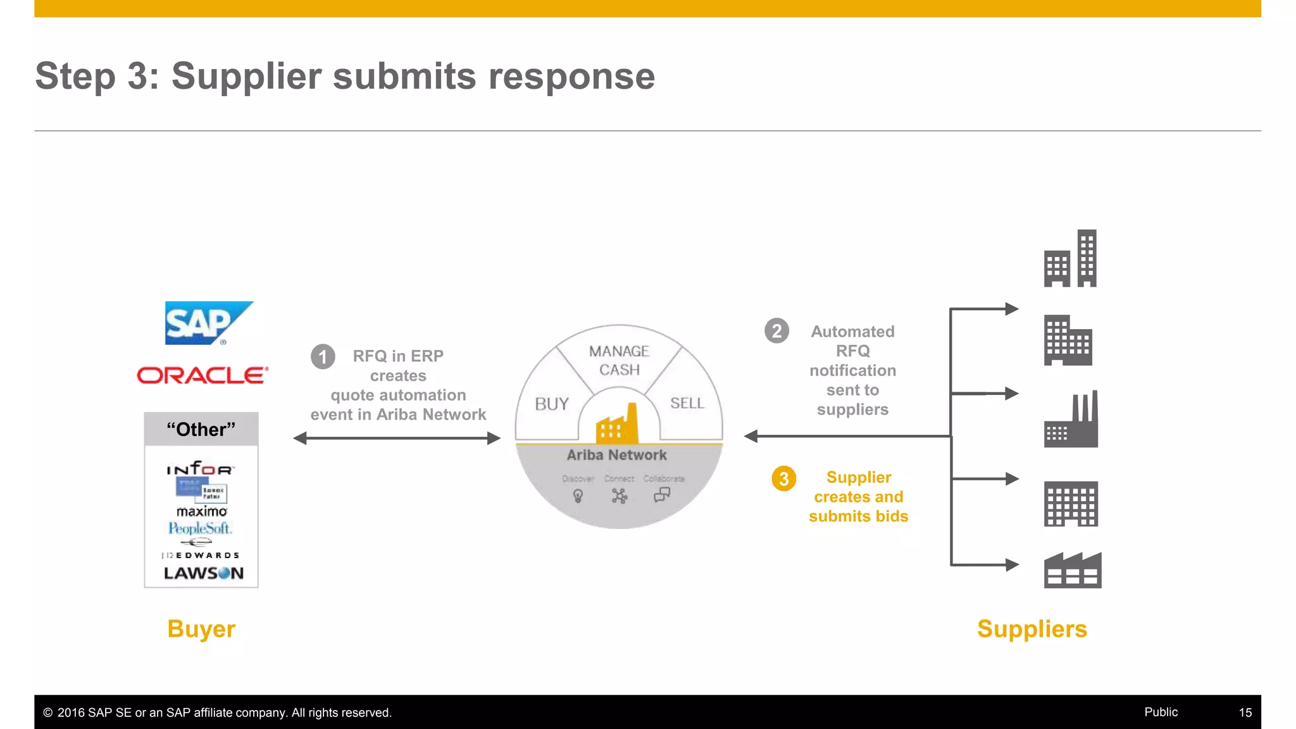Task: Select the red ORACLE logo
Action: [202, 375]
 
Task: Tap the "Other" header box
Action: [201, 430]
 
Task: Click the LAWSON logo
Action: [203, 573]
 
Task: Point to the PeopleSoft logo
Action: [200, 528]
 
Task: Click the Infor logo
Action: [200, 469]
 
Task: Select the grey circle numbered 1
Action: [323, 357]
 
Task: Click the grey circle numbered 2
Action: [776, 331]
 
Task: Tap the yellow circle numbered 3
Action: [783, 478]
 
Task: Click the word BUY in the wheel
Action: [551, 404]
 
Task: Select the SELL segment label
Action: [687, 403]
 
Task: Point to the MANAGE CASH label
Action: [619, 360]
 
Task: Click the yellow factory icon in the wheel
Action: [617, 425]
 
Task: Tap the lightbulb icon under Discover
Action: [578, 496]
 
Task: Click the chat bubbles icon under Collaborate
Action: [662, 495]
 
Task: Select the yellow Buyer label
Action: [201, 629]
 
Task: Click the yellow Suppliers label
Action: [1031, 629]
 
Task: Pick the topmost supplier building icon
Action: [1070, 259]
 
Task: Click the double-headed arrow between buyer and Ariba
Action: [397, 438]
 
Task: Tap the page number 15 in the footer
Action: [1245, 713]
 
